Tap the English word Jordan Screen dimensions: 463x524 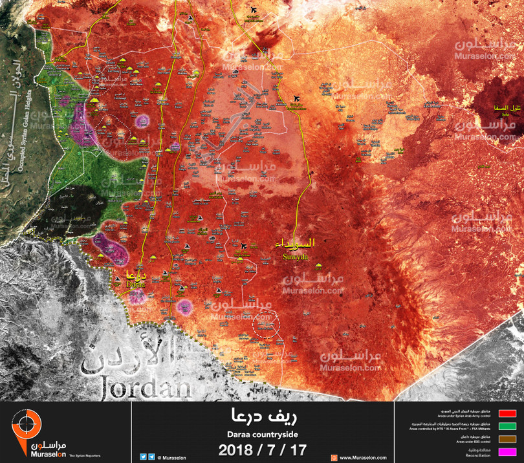[146, 388]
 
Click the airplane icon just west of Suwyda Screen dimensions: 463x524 [244, 246]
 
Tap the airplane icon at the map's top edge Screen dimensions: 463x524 [253, 10]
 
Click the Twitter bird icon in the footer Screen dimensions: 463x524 [143, 457]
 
